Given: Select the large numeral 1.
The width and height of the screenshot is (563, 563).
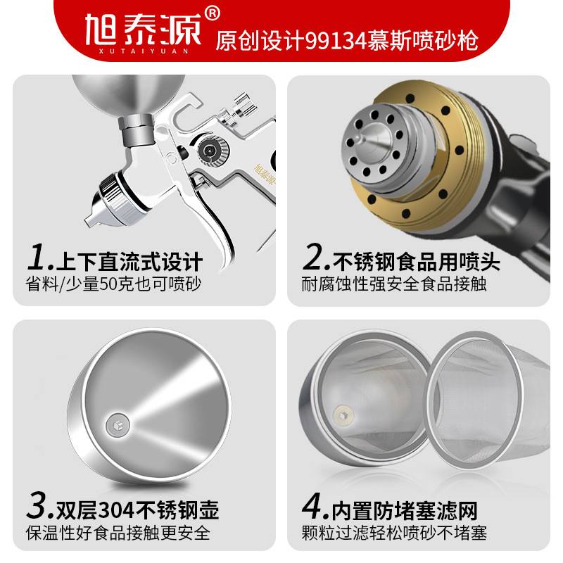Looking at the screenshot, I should tap(35, 258).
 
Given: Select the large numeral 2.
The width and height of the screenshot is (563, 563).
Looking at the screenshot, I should tap(314, 258).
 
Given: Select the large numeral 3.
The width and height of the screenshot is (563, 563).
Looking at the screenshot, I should tap(35, 505).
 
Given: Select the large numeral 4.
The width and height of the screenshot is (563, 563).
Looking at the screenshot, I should tap(314, 505).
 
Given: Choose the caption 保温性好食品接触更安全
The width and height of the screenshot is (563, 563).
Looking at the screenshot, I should tap(117, 533).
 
